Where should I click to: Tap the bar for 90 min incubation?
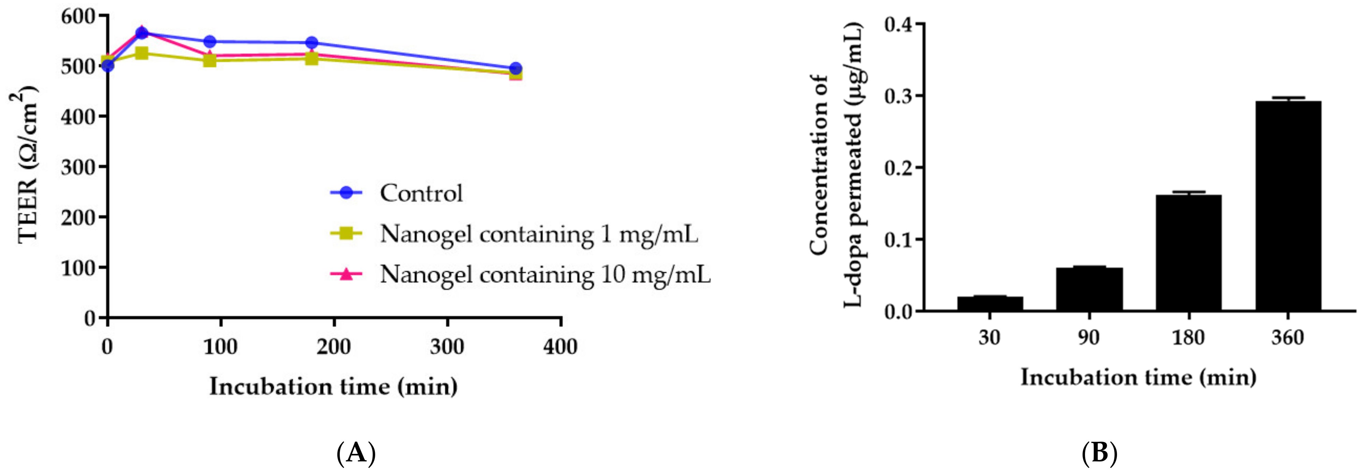tap(1089, 289)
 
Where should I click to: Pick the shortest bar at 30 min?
tap(990, 303)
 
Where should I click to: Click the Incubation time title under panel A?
tap(333, 386)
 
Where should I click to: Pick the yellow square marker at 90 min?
tap(210, 60)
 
